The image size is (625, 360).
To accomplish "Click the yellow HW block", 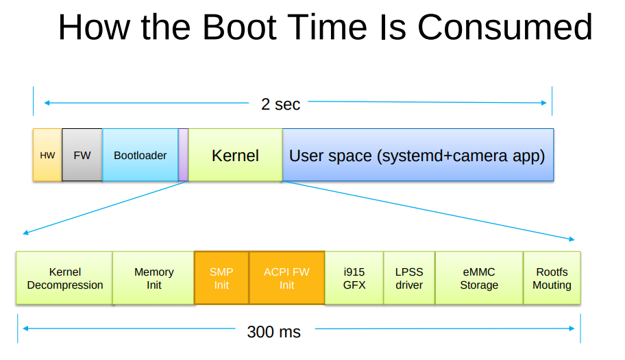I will (47, 155).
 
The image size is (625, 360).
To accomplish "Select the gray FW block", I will (82, 155).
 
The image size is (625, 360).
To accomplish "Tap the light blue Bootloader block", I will (140, 155).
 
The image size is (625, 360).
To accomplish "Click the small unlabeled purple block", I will (183, 155).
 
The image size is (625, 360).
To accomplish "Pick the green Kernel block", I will (235, 155).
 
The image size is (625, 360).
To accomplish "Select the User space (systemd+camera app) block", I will (417, 155).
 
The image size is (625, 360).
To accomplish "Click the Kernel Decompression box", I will (64, 278).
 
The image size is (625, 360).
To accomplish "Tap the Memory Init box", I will (154, 278).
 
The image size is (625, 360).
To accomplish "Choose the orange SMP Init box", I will (221, 278).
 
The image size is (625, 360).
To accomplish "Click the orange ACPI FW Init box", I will (286, 278).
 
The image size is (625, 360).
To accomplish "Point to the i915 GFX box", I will (354, 278).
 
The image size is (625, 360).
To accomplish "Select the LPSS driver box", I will (409, 278).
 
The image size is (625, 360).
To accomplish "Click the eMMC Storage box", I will (479, 278).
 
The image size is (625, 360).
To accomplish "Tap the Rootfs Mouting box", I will (552, 278).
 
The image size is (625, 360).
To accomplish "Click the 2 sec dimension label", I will (280, 104).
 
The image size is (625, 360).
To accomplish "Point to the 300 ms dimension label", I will (273, 332).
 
